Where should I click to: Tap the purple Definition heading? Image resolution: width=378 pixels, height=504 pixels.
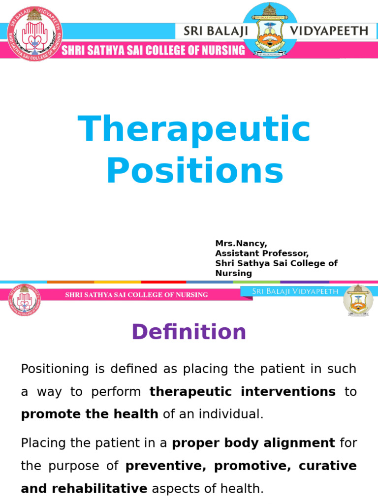tap(189, 332)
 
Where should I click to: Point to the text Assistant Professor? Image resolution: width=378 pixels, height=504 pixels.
tap(261, 253)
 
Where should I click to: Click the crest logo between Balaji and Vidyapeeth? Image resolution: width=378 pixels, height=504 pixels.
tap(270, 30)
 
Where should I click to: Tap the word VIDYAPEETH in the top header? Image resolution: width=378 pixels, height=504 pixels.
tap(335, 31)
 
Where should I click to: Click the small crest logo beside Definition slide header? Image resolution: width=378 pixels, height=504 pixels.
tap(358, 299)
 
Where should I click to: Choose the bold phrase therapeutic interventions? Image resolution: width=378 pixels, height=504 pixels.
tap(243, 392)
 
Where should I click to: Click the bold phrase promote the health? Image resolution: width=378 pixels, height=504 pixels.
tap(90, 414)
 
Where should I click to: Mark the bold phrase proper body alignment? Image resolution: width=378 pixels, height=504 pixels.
tap(253, 443)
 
